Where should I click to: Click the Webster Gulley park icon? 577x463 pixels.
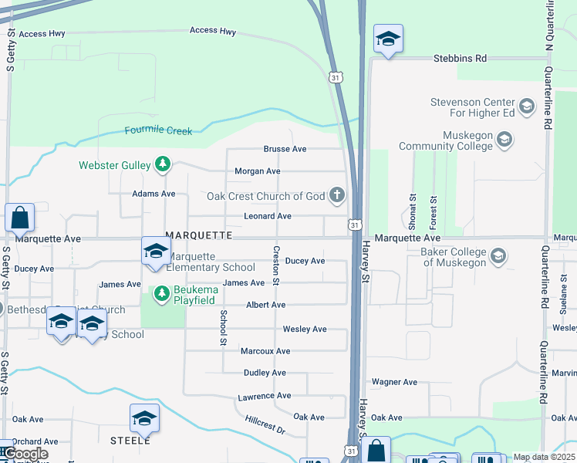click(162, 164)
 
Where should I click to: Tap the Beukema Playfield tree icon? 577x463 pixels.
click(162, 292)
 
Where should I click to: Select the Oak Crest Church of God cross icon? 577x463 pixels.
click(336, 195)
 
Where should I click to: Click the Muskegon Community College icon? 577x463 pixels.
click(504, 140)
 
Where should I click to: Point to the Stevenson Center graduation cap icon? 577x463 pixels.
click(527, 106)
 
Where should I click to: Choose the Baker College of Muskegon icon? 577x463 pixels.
click(498, 256)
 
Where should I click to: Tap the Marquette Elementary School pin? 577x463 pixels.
click(155, 252)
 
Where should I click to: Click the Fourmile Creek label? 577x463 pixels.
click(158, 130)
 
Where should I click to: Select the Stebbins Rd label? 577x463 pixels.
click(460, 58)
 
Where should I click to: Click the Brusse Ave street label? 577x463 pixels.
click(285, 149)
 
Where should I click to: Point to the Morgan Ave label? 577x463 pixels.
click(257, 171)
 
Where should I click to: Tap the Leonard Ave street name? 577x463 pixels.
click(267, 216)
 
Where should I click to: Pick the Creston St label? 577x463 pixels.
click(275, 265)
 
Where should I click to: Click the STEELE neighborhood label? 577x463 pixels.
click(130, 440)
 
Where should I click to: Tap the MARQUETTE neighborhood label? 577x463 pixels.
click(198, 235)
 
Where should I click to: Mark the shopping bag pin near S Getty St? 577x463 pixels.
click(20, 218)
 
